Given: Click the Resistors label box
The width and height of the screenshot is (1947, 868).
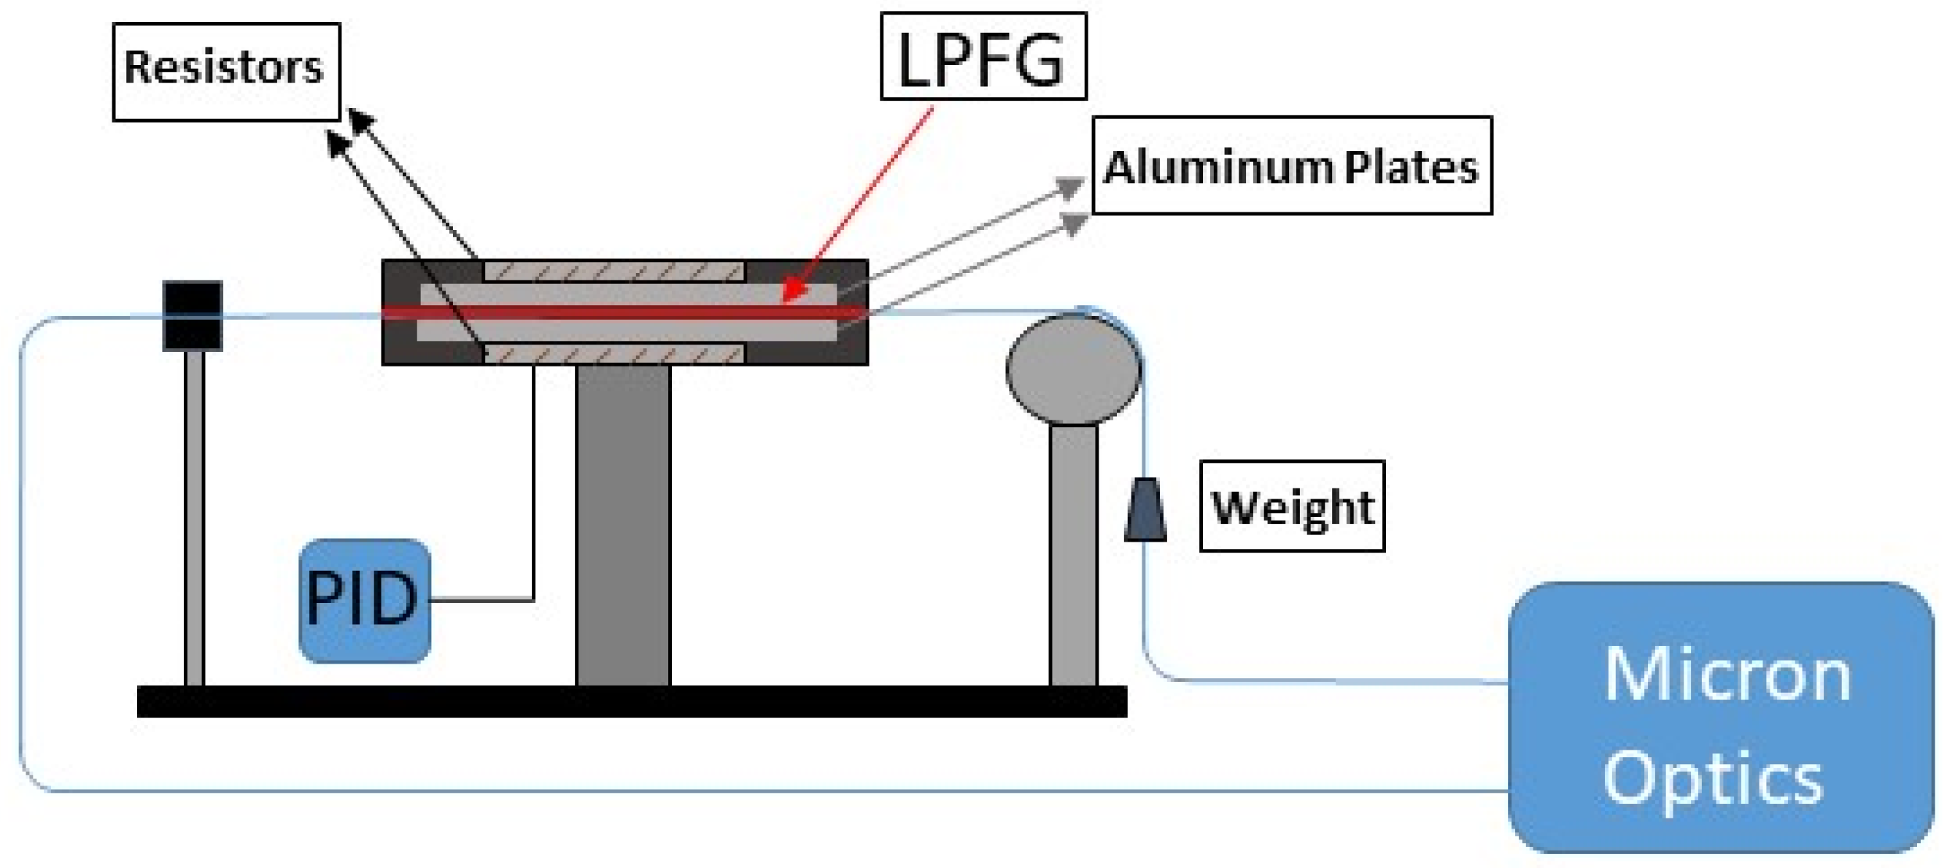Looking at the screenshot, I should coord(226,71).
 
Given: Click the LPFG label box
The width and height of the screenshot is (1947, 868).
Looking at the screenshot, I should coord(983,57).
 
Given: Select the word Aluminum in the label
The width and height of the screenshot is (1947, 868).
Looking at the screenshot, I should coord(1217,166).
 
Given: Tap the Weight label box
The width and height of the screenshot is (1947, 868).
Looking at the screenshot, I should coord(1292,506).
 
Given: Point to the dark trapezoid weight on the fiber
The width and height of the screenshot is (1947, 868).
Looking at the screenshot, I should coord(1145,510).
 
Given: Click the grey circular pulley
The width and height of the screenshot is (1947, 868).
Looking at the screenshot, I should coord(1073,369).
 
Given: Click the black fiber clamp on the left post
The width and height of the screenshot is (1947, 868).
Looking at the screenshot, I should coord(193,315).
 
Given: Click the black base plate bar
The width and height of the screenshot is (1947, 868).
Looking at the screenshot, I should coord(632,701).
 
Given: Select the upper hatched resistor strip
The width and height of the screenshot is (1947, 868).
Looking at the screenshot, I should coord(613,271).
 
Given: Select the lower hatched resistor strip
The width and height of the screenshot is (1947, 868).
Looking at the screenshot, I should coord(613,353).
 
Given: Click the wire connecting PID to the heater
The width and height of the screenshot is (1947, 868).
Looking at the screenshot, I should coord(533,484).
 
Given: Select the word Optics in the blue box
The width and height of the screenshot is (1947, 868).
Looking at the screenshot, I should coord(1713,779).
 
